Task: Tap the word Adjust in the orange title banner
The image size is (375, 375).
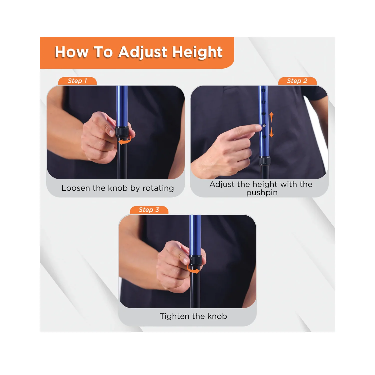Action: [143, 52]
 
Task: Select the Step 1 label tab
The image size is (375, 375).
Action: [77, 81]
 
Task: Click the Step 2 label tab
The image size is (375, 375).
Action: [297, 81]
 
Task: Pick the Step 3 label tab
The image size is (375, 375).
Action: [149, 210]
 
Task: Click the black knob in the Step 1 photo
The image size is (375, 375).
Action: [122, 131]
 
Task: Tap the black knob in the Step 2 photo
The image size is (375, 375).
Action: [264, 161]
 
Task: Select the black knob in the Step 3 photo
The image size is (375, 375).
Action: [195, 260]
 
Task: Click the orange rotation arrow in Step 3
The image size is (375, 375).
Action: [193, 270]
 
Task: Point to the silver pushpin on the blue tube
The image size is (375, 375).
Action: [264, 125]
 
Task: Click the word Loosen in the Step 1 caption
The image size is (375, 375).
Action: [76, 188]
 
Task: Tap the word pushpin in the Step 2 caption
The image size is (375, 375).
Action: [262, 193]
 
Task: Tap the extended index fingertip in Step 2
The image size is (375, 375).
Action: [259, 128]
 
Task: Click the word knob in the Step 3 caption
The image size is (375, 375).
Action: [217, 316]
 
